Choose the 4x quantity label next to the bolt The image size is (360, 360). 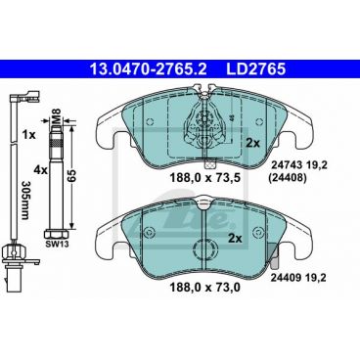40,169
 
